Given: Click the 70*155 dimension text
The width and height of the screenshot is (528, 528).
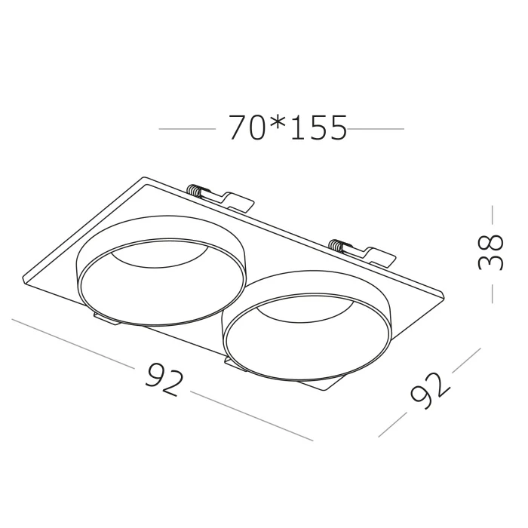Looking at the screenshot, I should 287,129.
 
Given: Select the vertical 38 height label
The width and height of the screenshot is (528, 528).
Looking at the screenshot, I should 491,250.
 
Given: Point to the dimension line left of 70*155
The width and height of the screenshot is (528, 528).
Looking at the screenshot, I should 186,130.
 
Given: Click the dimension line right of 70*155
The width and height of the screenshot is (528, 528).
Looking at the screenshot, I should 376,130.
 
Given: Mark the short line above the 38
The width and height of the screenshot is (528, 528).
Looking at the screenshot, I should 492,216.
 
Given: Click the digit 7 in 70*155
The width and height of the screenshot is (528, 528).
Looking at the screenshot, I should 238,129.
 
